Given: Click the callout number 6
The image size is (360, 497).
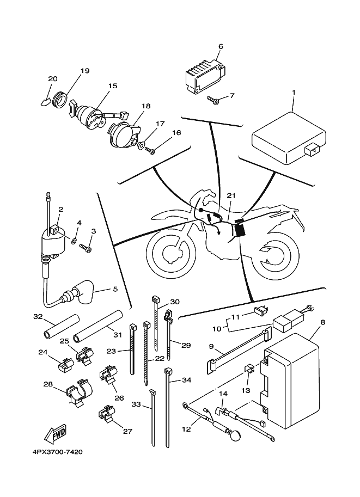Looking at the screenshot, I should point(221,47).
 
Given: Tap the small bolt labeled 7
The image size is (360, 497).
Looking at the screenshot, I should point(212,100).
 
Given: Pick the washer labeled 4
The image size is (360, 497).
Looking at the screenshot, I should point(74,238).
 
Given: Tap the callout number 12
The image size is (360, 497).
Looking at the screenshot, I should point(186,429).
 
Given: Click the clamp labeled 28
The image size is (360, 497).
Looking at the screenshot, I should point(78,394).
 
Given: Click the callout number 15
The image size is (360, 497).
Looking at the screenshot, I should point(113,86).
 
